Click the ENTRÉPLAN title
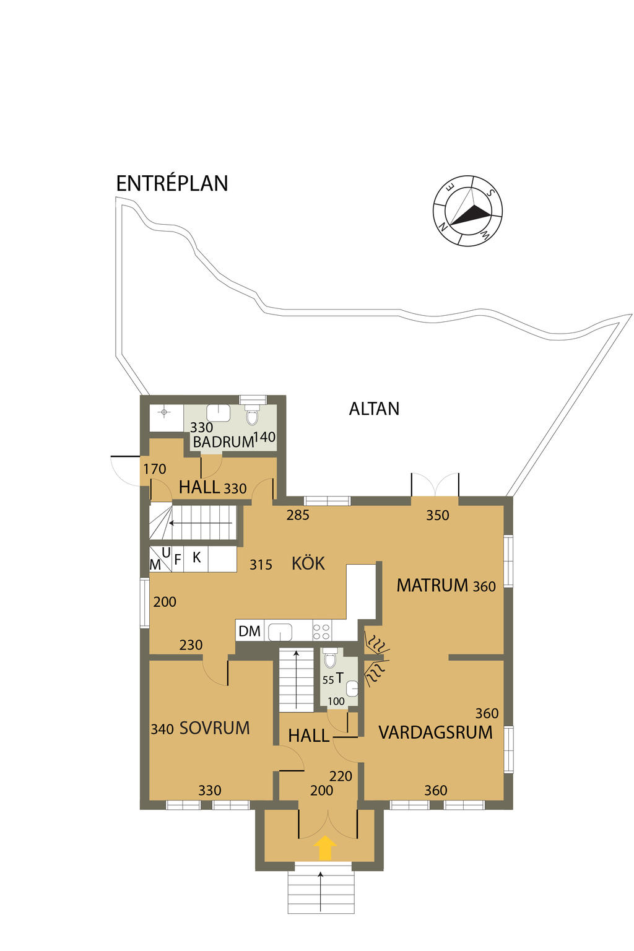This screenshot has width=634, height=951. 172,183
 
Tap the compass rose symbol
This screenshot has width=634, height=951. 467,210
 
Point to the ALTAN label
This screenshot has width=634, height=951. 374,409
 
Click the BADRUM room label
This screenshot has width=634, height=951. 224,442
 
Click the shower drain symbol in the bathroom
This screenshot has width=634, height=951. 164,412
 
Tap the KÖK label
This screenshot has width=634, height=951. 308,563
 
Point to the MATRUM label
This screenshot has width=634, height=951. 432,586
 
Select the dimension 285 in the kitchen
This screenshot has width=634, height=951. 298,515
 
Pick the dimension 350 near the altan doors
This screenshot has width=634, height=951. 437,515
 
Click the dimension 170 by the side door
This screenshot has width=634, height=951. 155,469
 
